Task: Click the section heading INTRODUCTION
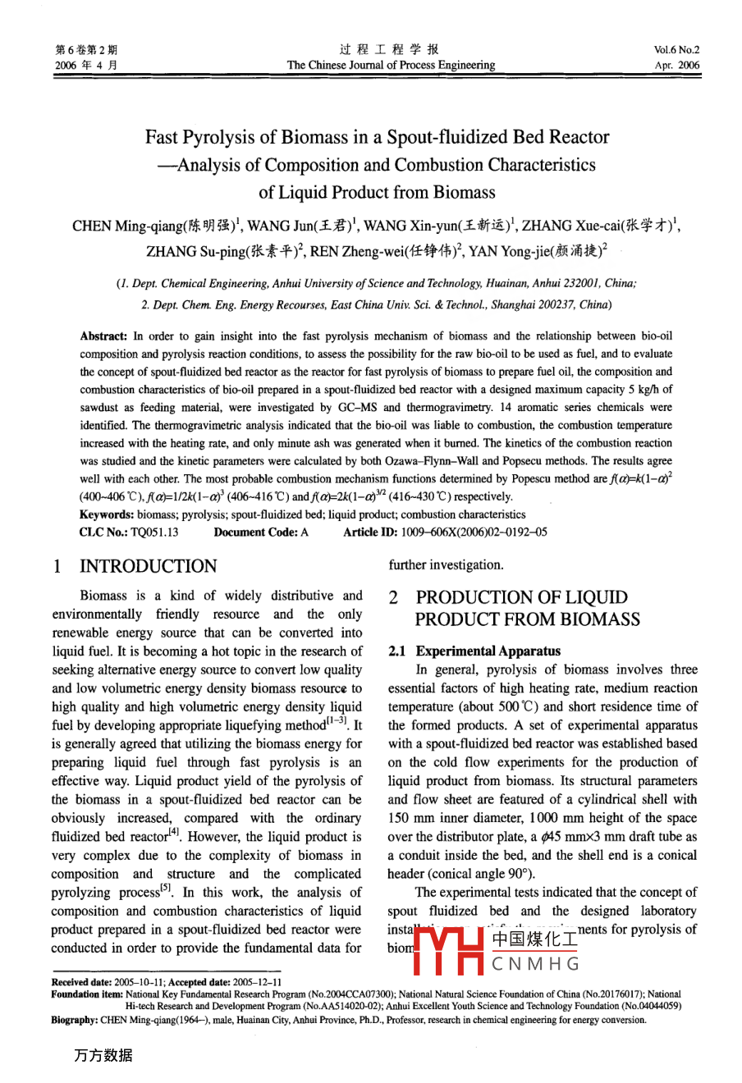[148, 566]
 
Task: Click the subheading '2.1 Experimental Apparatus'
[474, 651]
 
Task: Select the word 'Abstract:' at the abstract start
[103, 336]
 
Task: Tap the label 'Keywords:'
[107, 514]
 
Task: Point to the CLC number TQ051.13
[147, 532]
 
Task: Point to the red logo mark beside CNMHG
[450, 950]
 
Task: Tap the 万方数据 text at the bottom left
[103, 1055]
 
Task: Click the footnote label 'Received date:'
[80, 982]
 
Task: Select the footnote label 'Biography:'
[75, 1020]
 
